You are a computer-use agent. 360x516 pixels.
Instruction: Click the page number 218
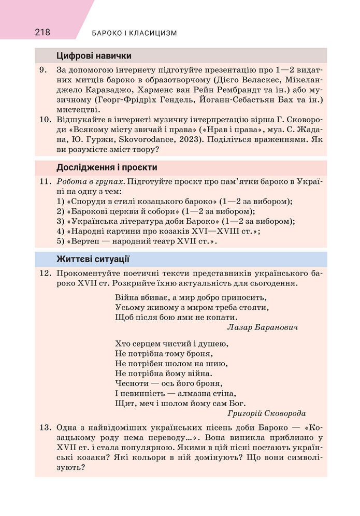click(42, 33)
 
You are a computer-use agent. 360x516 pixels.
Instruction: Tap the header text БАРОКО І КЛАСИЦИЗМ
click(134, 33)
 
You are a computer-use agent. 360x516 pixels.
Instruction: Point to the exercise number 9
click(44, 69)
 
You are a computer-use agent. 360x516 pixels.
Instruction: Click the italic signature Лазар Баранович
click(263, 327)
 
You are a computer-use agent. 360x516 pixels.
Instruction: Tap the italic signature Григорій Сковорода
click(266, 413)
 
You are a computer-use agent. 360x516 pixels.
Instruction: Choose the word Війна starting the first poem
click(127, 297)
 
